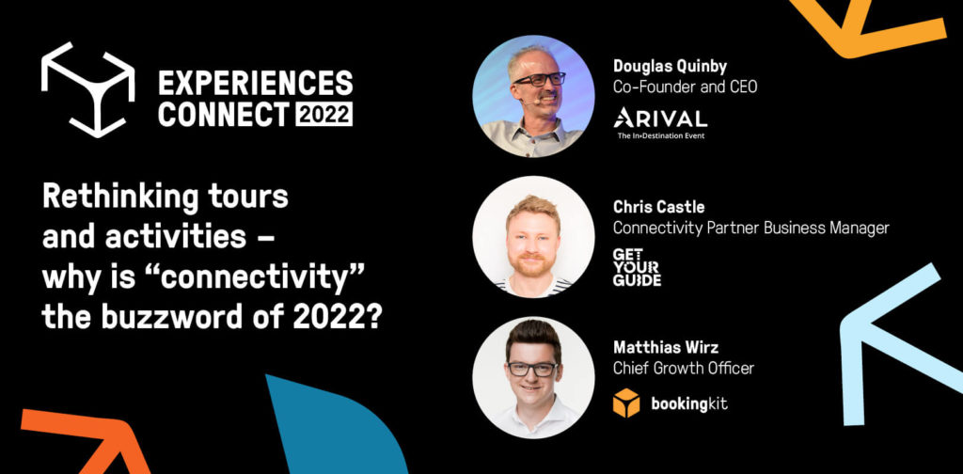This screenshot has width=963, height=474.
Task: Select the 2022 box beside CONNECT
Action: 324,114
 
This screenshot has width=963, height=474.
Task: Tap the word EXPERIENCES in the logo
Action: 256,83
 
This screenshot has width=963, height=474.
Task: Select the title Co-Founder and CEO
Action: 685,87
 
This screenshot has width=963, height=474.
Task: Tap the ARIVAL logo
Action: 660,118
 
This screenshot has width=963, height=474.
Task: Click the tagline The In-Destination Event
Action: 661,135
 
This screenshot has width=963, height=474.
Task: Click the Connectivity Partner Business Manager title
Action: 750,229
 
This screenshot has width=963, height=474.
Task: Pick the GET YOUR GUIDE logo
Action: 637,267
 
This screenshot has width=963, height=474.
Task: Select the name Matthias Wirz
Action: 665,348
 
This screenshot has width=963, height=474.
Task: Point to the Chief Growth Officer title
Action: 683,369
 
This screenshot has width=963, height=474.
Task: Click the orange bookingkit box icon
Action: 625,403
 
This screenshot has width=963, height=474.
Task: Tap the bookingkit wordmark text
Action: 688,404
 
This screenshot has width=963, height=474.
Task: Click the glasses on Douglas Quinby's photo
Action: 539,79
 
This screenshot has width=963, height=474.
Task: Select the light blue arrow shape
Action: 895,344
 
